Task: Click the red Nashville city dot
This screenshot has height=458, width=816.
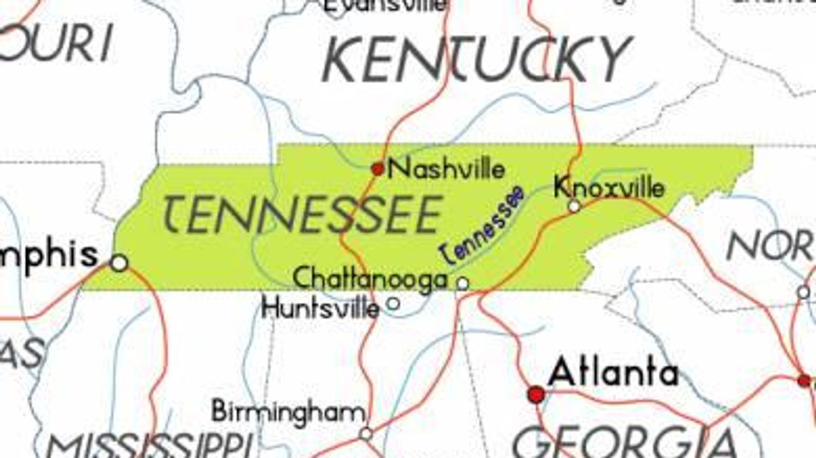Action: click(378, 169)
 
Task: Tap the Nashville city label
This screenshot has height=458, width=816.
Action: click(447, 169)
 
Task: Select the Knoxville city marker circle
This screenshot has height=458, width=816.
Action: click(574, 206)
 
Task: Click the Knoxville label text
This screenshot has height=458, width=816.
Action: click(609, 187)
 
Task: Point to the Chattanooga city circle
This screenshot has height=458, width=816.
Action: click(463, 284)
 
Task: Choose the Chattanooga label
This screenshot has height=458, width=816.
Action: click(370, 279)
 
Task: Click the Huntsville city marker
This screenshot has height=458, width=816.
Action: click(393, 303)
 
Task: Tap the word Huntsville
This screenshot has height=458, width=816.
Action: click(321, 307)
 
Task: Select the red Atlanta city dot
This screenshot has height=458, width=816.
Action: click(536, 394)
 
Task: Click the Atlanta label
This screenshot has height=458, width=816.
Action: click(613, 373)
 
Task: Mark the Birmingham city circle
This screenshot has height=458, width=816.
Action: click(366, 434)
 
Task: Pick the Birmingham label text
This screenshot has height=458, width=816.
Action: click(288, 412)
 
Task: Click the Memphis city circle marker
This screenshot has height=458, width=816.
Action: click(119, 263)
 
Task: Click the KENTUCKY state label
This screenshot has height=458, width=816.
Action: click(476, 59)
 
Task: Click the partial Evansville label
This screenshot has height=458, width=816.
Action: click(387, 6)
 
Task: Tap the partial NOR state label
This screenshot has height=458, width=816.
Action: click(771, 247)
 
